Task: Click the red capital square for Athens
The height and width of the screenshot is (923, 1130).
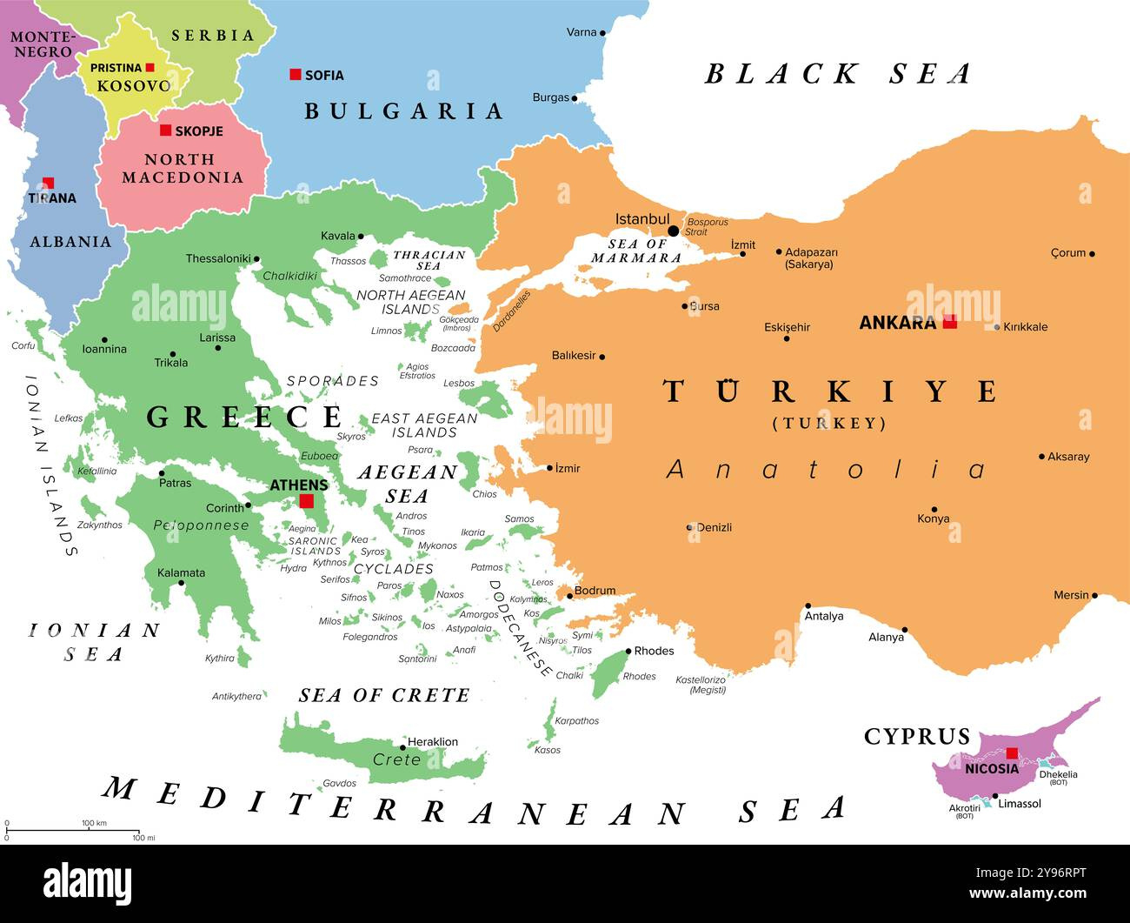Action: pos(306,501)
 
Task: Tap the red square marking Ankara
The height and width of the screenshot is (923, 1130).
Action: pos(950,321)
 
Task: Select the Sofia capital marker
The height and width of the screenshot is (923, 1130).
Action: pos(296,75)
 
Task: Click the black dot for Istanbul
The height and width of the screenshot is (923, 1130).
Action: pos(673,231)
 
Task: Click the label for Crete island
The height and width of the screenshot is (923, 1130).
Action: pos(396,759)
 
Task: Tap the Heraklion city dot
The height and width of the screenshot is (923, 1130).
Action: pos(402,747)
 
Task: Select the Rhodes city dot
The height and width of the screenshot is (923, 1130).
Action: pos(628,652)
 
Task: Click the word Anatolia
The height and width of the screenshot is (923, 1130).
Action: pos(826,470)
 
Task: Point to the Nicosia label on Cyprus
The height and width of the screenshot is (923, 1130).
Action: pos(991,769)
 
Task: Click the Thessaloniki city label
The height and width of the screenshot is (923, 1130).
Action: pos(217,258)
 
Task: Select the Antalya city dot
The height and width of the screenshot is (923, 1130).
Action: pos(808,605)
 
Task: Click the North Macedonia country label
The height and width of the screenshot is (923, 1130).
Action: pos(182,168)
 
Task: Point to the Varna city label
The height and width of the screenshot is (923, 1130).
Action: pos(582,32)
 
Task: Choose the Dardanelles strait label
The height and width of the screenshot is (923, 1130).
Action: pos(511,311)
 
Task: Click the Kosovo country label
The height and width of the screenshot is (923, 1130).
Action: pos(134,85)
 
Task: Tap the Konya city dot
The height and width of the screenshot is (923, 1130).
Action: pos(934,510)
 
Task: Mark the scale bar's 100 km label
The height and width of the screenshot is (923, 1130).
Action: pos(94,823)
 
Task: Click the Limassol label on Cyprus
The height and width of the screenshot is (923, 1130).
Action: pos(1020,804)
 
